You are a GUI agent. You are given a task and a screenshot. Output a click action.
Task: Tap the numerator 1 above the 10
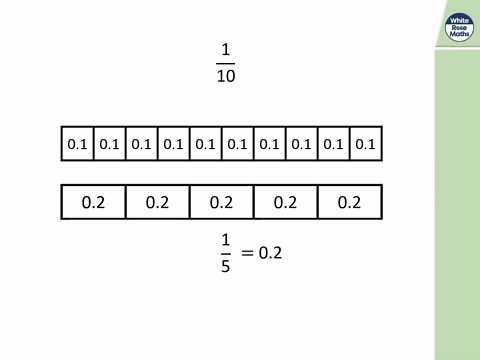coord(225,50)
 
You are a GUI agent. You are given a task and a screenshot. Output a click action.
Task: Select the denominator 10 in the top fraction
coord(225,76)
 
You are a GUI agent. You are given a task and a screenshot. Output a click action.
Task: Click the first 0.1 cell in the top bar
coord(77,144)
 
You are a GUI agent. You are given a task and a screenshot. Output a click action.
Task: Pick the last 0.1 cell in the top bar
coord(365,144)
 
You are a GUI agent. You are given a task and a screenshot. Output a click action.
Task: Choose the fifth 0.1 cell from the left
coord(205,144)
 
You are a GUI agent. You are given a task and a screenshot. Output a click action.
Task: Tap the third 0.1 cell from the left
coord(141,144)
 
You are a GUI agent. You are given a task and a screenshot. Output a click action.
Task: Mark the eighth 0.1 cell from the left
coord(301,144)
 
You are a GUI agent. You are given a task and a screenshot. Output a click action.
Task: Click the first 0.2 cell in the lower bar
coord(93,202)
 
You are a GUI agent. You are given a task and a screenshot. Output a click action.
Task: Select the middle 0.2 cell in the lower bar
coord(221,202)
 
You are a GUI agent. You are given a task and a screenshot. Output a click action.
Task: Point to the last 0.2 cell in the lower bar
coord(349,202)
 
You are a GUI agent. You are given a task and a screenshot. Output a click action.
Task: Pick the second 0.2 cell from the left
coord(157,202)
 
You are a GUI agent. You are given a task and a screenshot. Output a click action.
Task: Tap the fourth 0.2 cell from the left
coord(285,202)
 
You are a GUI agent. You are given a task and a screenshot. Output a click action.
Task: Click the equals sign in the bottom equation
coord(247,254)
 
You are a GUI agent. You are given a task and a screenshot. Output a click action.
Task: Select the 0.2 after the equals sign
coord(271,254)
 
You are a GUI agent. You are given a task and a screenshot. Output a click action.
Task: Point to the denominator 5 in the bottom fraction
coord(225,267)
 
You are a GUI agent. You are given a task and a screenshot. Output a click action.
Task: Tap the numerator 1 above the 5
coord(225,241)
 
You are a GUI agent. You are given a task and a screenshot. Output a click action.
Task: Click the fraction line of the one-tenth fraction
coord(225,63)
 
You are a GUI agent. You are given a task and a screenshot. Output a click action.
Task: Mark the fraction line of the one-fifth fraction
coord(225,254)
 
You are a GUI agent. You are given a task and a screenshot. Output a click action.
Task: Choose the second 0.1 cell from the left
coord(109,144)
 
